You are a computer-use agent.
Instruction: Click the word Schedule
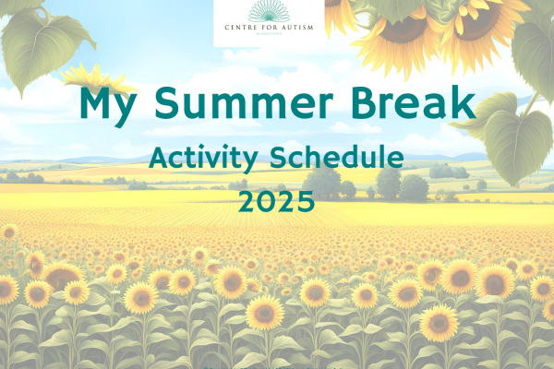point(338,158)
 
